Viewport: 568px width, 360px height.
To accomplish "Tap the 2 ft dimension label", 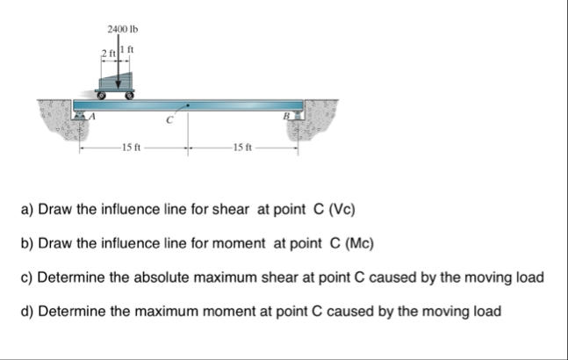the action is coord(106,57).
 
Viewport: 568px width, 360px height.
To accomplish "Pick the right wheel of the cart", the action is coord(131,93).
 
